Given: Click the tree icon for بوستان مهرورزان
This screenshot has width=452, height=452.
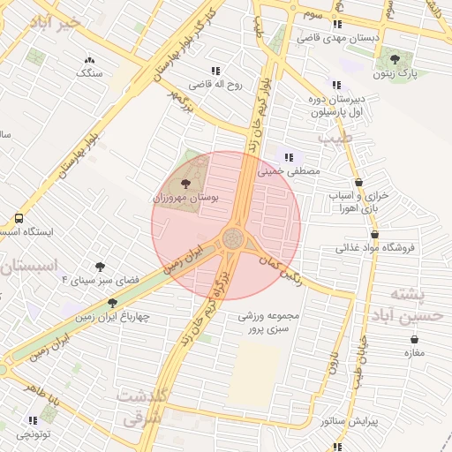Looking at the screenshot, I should click(x=185, y=183).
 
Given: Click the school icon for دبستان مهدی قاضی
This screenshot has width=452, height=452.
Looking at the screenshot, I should click(x=337, y=24).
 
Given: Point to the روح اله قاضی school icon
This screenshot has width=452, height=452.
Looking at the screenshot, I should click(x=215, y=70).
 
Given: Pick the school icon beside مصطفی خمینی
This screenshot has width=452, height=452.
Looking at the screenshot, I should click(x=289, y=157).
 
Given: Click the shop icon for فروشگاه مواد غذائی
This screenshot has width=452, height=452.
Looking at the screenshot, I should click(x=376, y=235).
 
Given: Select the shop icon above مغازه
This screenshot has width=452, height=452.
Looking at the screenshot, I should click(x=414, y=339).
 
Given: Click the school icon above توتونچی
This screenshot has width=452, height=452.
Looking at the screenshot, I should click(x=33, y=420).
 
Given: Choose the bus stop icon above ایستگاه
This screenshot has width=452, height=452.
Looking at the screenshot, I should click(x=19, y=218).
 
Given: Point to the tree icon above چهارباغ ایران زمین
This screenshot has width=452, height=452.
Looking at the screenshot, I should click(x=112, y=302).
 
